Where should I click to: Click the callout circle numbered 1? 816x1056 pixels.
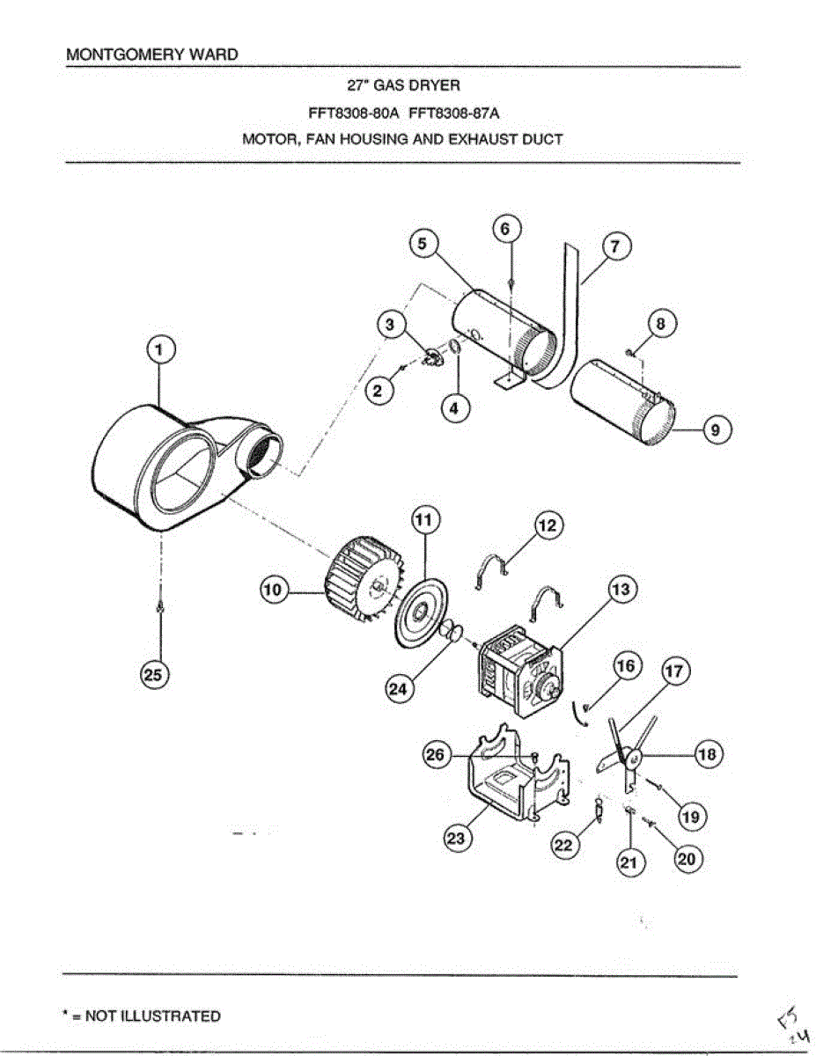pyautogui.click(x=159, y=351)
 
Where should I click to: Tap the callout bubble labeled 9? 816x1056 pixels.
pyautogui.click(x=716, y=430)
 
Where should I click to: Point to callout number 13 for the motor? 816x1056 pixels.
pyautogui.click(x=622, y=589)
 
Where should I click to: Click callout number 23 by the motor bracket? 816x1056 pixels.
pyautogui.click(x=456, y=839)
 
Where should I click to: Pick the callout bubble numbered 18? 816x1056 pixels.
pyautogui.click(x=709, y=754)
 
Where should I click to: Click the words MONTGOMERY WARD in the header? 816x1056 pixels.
pyautogui.click(x=152, y=55)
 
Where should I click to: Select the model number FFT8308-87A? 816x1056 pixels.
pyautogui.click(x=454, y=113)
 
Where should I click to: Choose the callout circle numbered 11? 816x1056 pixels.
pyautogui.click(x=423, y=521)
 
